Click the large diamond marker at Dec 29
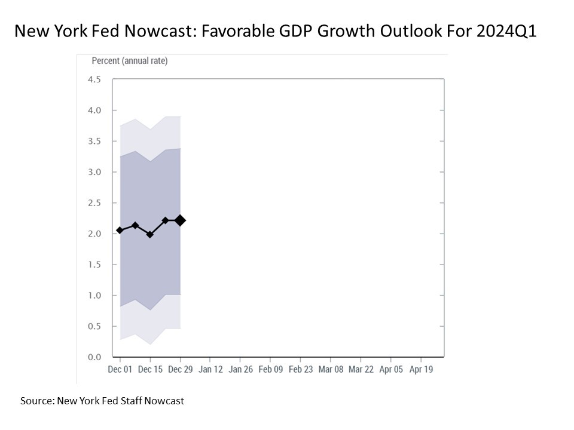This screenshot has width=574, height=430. pyautogui.click(x=180, y=220)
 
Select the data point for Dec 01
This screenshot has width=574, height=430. pyautogui.click(x=120, y=230)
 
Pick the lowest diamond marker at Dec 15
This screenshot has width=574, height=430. pyautogui.click(x=150, y=234)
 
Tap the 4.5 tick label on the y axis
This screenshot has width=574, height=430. pyautogui.click(x=94, y=79)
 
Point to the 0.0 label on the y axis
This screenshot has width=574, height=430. pyautogui.click(x=94, y=357)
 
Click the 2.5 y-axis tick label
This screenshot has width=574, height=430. pyautogui.click(x=94, y=203)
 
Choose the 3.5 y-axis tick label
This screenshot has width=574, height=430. pyautogui.click(x=94, y=141)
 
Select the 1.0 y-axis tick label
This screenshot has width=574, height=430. pyautogui.click(x=94, y=296)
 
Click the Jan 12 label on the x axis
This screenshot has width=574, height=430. pyautogui.click(x=210, y=370)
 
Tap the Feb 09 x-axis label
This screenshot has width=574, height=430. pyautogui.click(x=270, y=370)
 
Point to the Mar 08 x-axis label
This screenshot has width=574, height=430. pyautogui.click(x=331, y=370)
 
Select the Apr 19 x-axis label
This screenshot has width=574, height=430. pyautogui.click(x=421, y=370)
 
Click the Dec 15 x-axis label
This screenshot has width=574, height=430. pyautogui.click(x=149, y=370)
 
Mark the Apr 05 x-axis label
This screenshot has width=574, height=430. pyautogui.click(x=390, y=370)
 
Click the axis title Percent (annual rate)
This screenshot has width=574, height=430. pyautogui.click(x=129, y=60)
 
